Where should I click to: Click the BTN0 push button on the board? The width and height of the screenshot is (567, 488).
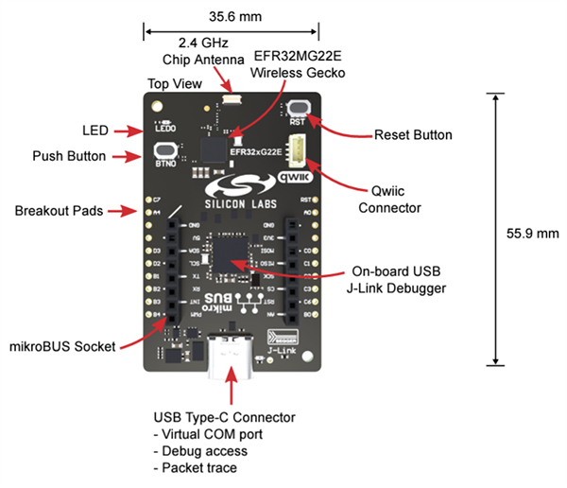point(163,151)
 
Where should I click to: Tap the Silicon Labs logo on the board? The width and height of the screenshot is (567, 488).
point(233,189)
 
